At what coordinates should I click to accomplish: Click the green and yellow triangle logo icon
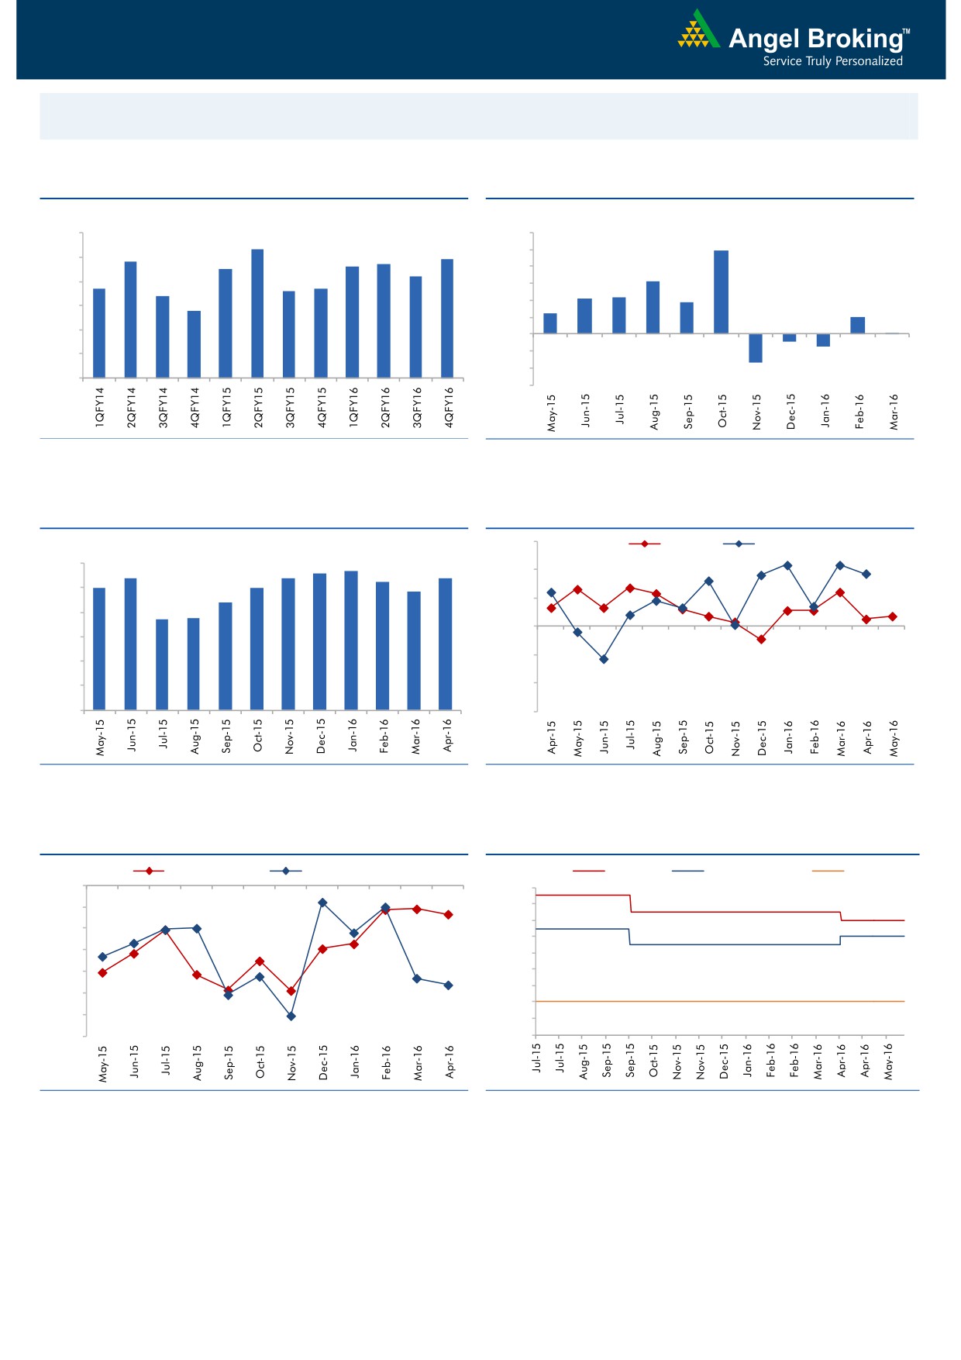point(697,31)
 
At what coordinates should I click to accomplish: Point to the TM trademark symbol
point(907,33)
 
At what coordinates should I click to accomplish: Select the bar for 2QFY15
point(257,314)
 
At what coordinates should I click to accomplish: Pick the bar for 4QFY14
point(194,344)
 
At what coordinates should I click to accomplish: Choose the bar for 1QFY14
point(99,333)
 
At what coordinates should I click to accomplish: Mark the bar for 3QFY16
point(415,327)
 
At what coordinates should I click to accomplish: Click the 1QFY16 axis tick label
point(353,408)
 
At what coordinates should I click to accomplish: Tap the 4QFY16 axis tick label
point(449,408)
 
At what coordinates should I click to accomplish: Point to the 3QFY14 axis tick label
point(163,408)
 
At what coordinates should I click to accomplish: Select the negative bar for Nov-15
point(756,348)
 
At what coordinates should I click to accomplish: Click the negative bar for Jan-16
point(823,340)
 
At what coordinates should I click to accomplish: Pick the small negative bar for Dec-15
point(789,338)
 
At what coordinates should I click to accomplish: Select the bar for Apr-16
point(445,644)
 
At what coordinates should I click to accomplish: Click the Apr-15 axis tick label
point(552,737)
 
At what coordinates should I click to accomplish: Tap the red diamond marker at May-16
point(893,617)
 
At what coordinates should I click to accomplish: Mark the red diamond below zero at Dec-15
point(761,640)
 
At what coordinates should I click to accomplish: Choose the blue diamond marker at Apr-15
point(551,592)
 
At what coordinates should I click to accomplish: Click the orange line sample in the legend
point(828,871)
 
